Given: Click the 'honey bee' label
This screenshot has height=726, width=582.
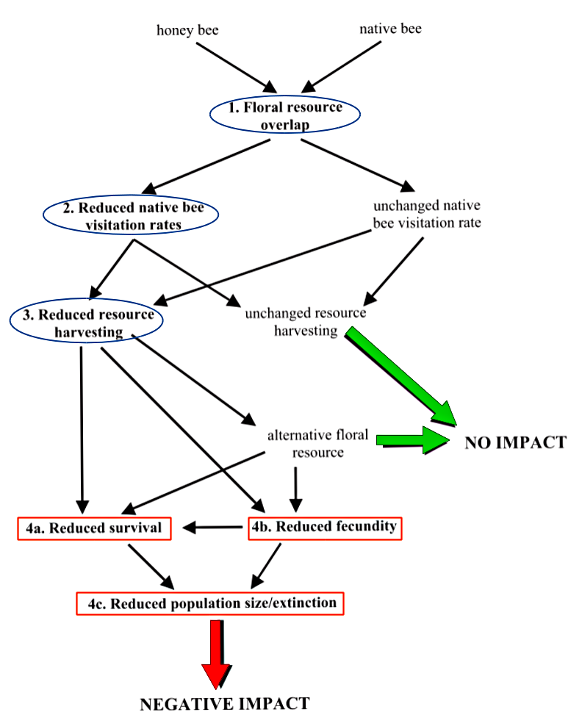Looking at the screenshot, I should pos(187,30).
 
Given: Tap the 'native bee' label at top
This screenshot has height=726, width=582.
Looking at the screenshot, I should pos(389,29).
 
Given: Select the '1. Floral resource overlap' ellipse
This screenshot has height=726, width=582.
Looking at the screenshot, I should pos(285,115).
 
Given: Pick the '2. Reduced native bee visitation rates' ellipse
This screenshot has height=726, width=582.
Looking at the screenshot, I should pos(130,215).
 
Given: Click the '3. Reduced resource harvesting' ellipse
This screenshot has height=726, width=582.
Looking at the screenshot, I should pos(86,323).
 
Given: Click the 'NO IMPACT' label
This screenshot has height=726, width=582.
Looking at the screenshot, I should pos(515,443).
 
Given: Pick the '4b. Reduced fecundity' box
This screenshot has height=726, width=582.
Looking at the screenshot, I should pos(324,527).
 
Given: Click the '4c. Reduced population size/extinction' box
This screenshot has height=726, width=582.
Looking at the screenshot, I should pos(211,604).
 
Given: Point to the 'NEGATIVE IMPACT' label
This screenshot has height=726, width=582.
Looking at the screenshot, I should pos(225,703).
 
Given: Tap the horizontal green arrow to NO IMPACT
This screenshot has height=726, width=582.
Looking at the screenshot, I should pos(412,439).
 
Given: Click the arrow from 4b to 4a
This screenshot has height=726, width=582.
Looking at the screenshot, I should pos(213,527).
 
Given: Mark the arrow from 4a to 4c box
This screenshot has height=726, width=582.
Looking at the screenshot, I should pos(151,566).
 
